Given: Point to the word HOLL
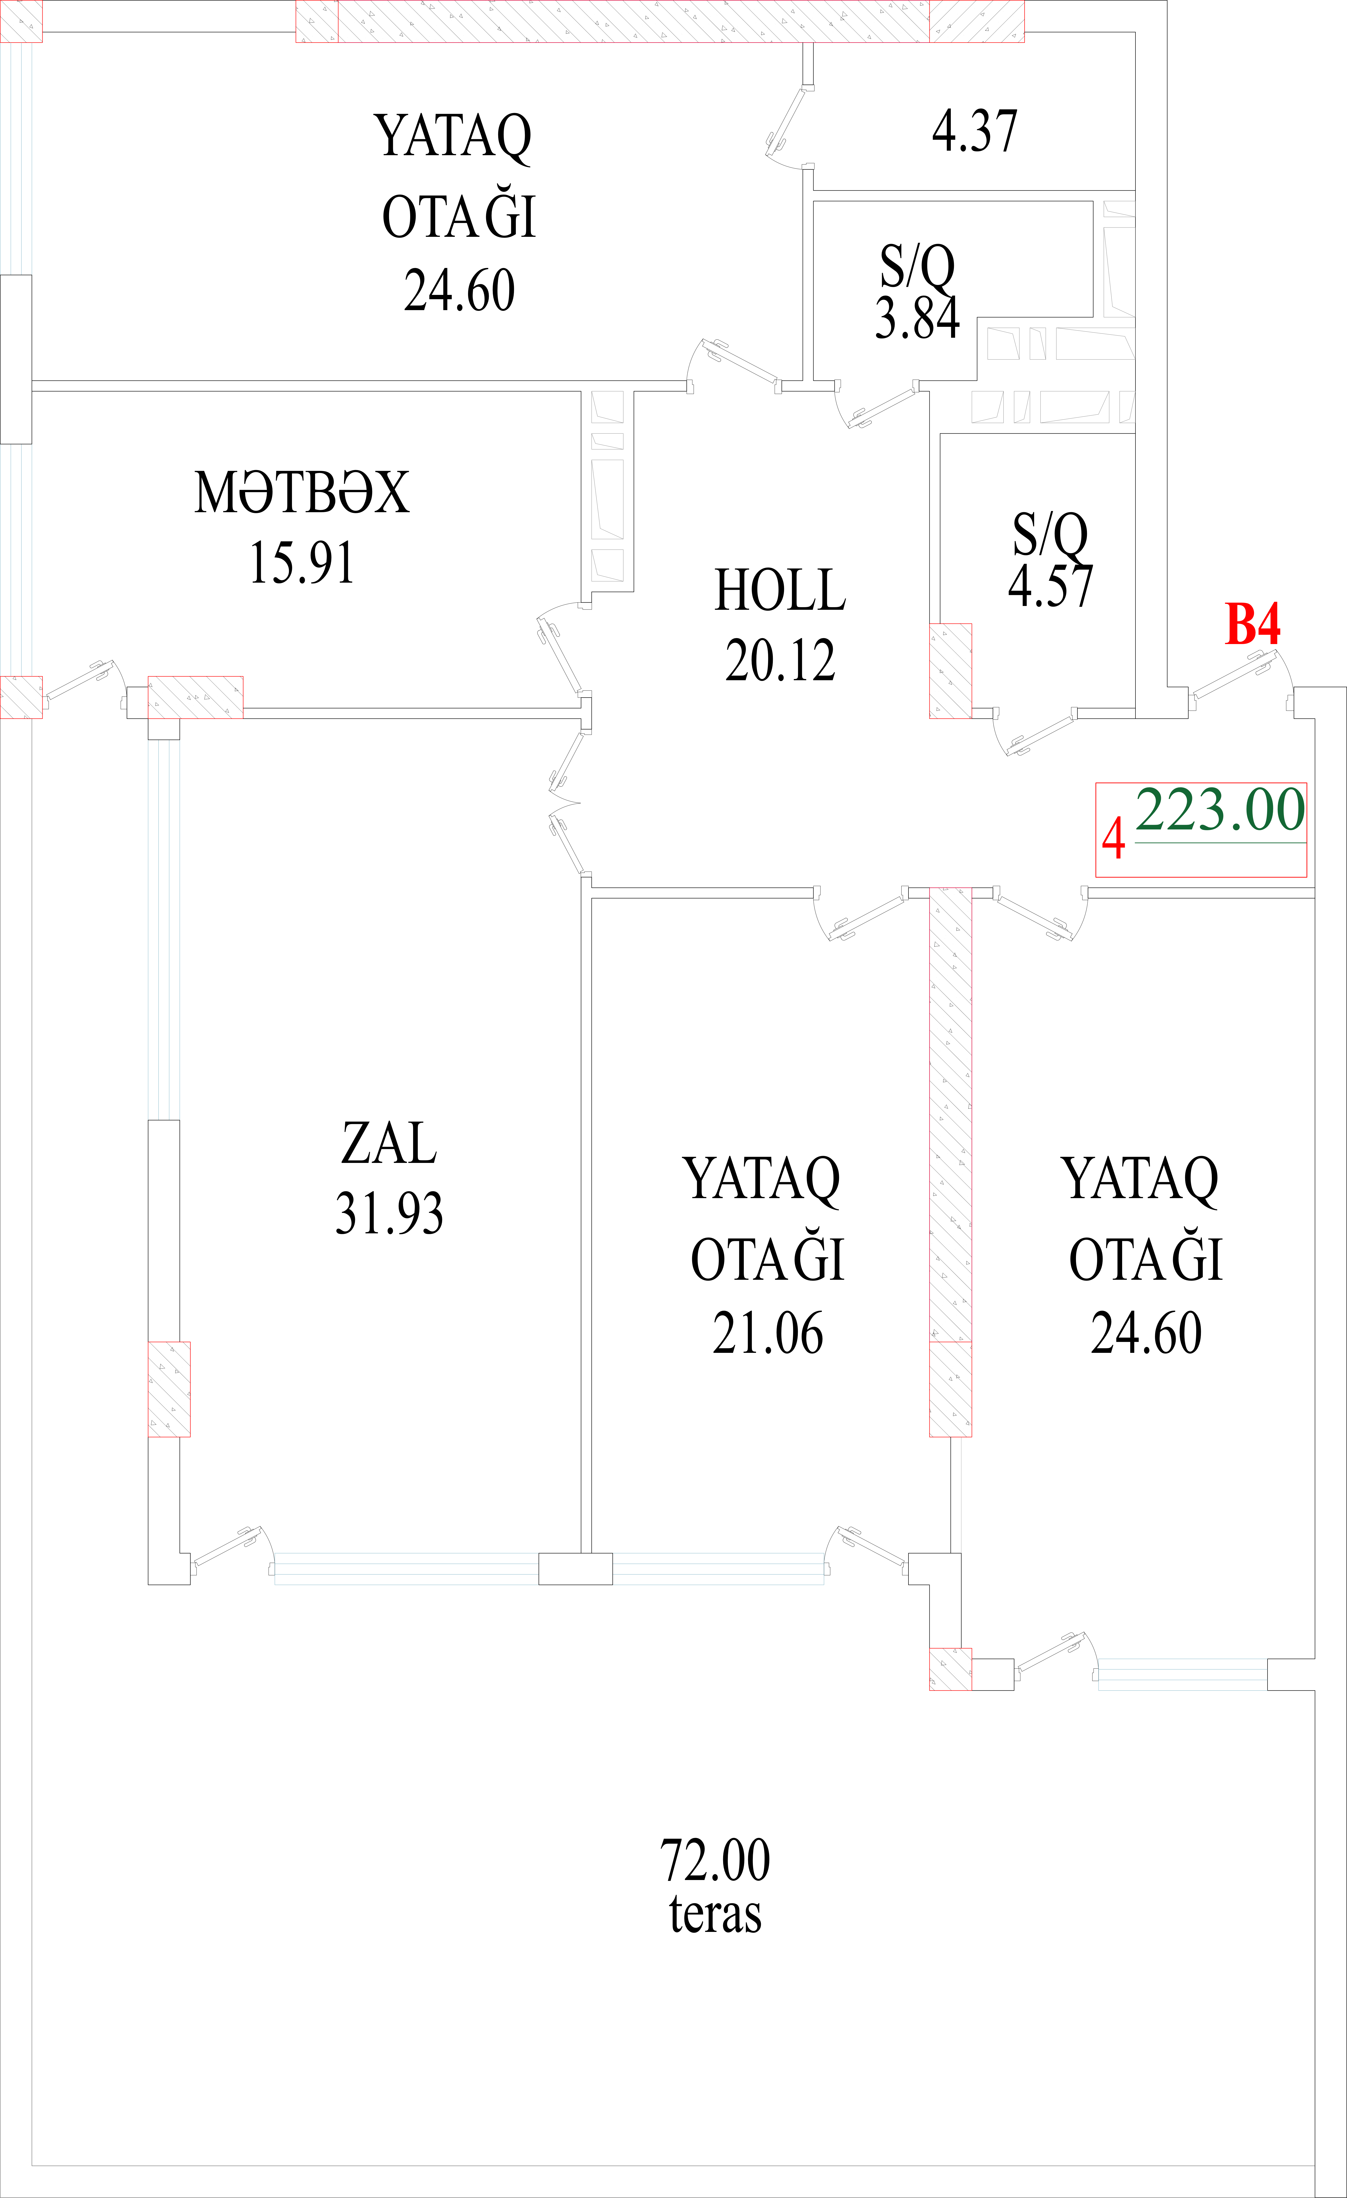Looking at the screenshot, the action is point(780,590).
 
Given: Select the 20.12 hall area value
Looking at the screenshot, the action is point(780,661).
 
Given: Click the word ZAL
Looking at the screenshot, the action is point(389,1144).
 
